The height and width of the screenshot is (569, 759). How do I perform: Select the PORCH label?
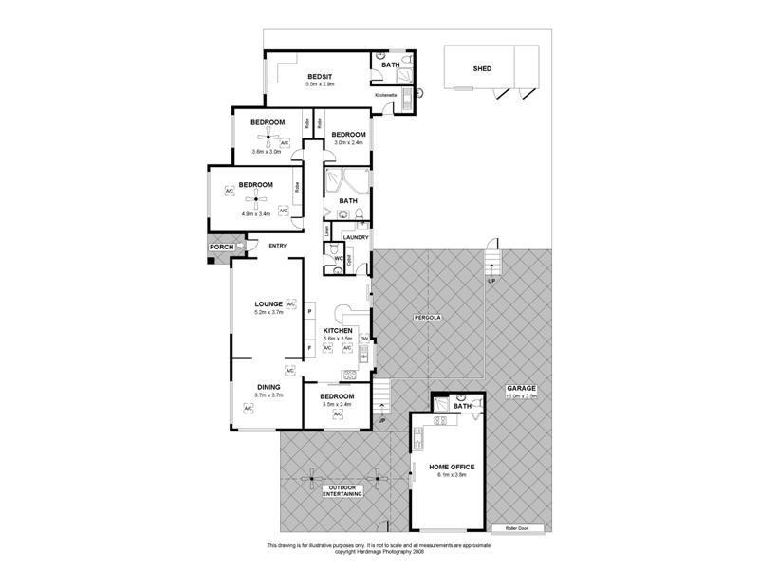tap(221, 248)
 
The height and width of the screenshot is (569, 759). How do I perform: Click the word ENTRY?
tap(277, 247)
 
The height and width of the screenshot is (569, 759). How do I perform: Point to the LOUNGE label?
tap(268, 303)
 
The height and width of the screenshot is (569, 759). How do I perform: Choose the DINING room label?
tap(269, 387)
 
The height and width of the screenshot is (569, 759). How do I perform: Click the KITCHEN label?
tap(339, 330)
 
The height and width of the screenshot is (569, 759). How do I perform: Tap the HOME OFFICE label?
tap(452, 468)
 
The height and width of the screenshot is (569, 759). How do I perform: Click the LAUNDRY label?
tap(342, 236)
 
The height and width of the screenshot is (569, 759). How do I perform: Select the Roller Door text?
tap(516, 527)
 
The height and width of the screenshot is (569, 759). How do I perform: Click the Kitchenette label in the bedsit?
tap(385, 96)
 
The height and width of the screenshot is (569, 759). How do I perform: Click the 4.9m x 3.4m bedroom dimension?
tap(255, 214)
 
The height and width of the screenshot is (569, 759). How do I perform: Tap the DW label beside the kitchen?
tap(363, 338)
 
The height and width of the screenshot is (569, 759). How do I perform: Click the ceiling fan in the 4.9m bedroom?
tap(254, 198)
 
